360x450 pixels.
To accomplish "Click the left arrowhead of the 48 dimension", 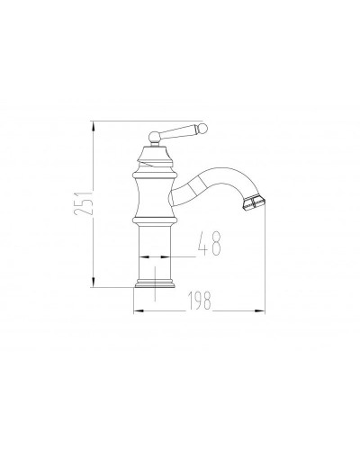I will pos(140,257).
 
